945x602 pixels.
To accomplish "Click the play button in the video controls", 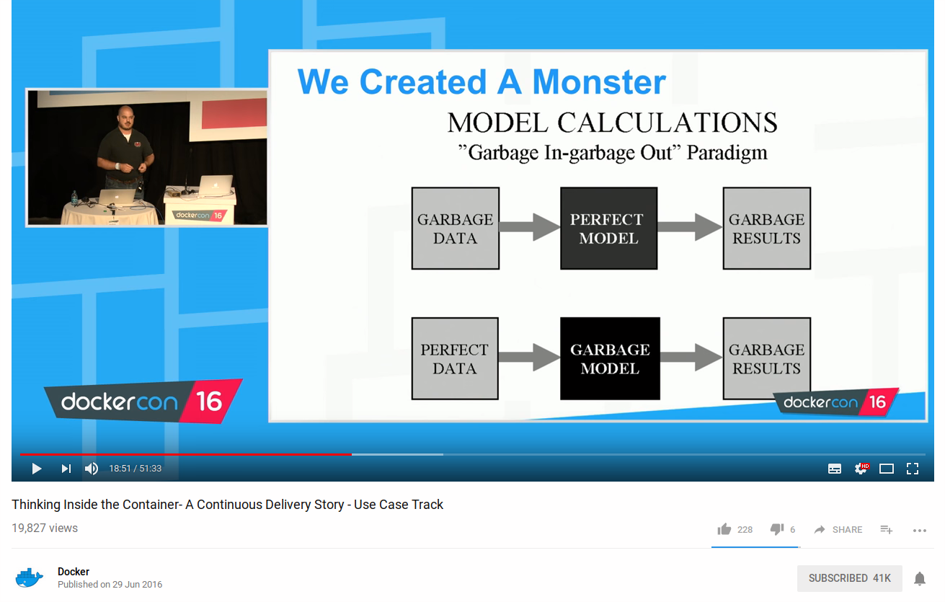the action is coord(37,469).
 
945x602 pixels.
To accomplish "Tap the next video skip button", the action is coord(66,469).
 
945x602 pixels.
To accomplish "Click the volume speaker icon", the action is coord(92,469).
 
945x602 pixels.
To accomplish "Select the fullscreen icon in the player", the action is coord(913,469).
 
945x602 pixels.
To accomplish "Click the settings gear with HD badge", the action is coord(861,469).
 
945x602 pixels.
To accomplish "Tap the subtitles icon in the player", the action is coord(835,469).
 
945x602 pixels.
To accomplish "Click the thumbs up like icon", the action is coord(724,529).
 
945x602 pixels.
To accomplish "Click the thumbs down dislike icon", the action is coord(777,529).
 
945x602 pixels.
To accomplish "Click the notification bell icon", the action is coord(920,578).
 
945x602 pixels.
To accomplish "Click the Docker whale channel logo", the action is coord(29,578).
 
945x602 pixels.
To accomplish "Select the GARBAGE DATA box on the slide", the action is coord(456,229).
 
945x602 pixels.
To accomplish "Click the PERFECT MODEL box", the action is coord(609,229).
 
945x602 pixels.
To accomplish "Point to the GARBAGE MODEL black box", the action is coord(610,358).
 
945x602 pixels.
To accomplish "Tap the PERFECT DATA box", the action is coord(455,358).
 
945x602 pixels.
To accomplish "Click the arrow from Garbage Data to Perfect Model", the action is coord(530,227).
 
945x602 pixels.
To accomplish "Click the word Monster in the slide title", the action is coord(599,82).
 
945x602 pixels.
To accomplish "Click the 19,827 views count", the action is coord(45,528).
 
